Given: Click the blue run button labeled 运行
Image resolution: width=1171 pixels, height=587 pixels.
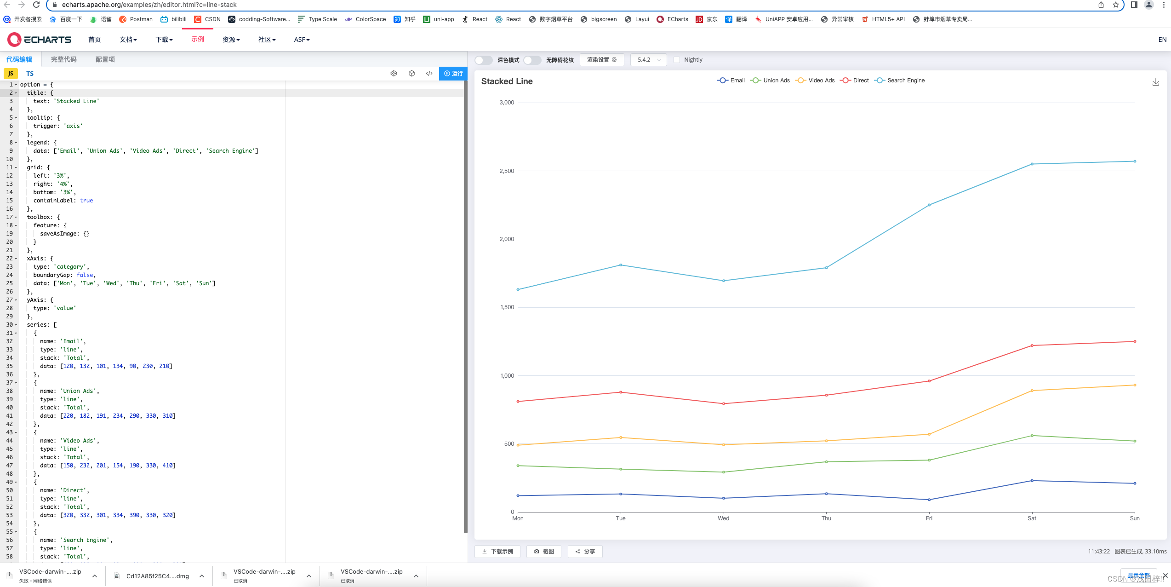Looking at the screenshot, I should (x=453, y=74).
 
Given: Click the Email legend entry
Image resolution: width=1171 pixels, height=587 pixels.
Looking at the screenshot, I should (x=731, y=81).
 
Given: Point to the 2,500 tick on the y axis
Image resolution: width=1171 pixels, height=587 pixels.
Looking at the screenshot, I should (x=507, y=171).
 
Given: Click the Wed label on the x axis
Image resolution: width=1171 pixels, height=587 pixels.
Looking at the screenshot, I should (x=723, y=518).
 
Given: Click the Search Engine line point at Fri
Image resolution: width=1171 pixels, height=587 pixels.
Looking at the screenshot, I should (x=929, y=205).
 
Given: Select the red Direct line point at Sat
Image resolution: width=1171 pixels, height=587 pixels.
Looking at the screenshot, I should (x=1032, y=345).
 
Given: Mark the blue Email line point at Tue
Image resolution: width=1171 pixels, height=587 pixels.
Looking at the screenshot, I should (x=621, y=494).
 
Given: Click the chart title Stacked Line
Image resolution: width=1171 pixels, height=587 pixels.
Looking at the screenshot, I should (x=507, y=81).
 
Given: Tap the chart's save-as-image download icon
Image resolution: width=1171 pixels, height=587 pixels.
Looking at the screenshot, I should (x=1155, y=82).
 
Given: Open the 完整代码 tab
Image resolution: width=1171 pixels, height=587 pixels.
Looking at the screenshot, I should (x=63, y=59).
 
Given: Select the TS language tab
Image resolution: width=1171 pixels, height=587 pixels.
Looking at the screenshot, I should (x=30, y=74).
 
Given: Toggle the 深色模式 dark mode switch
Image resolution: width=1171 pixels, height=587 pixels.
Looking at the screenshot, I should (x=483, y=60).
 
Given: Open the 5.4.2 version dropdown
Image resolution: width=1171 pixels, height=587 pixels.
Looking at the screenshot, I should (x=648, y=60).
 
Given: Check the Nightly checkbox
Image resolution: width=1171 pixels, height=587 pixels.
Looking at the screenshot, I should (x=677, y=60).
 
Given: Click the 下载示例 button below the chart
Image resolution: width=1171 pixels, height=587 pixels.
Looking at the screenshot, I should (x=497, y=551).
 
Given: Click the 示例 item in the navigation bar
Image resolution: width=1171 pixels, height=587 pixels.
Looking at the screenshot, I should (x=198, y=40).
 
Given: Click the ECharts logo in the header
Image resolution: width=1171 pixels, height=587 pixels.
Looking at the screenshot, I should (x=40, y=40).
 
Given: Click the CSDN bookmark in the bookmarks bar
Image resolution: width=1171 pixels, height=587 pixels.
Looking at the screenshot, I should (x=207, y=19).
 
